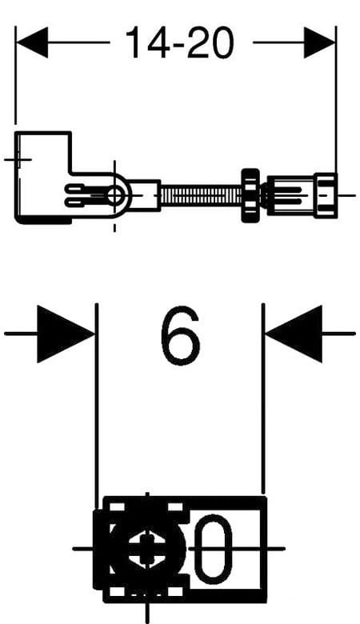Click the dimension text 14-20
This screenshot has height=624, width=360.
(x=179, y=43)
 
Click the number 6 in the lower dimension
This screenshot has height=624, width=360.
(x=180, y=335)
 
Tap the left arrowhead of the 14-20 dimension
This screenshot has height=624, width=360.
(x=32, y=42)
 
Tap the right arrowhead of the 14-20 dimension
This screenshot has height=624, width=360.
(x=320, y=42)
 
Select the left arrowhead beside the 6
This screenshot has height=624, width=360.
(x=66, y=334)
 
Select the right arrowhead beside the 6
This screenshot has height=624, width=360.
(x=294, y=334)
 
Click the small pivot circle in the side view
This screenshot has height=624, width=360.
(x=115, y=195)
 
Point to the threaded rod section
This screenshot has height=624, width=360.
(x=202, y=195)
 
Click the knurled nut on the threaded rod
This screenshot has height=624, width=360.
(x=250, y=195)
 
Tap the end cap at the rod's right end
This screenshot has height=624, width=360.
(x=326, y=195)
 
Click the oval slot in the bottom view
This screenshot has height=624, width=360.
(x=215, y=549)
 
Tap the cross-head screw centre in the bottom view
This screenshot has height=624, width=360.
(x=146, y=549)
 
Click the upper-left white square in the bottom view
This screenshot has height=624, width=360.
(x=117, y=507)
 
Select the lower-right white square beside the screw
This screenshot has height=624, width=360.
(x=175, y=591)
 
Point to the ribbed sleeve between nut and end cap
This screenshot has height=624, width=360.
(x=290, y=195)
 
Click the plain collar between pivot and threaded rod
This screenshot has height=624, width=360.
(x=145, y=195)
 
